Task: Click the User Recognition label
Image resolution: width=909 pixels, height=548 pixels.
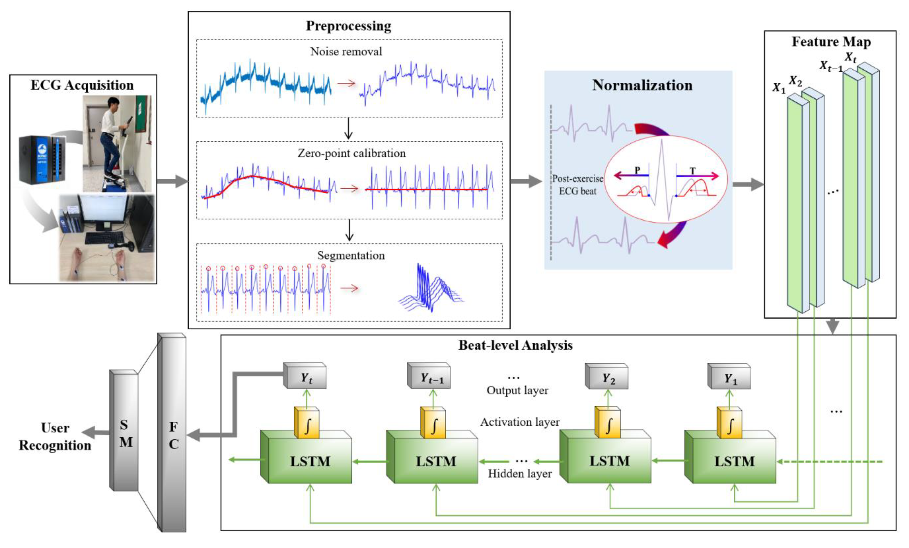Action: coord(55,437)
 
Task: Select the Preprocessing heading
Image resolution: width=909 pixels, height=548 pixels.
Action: coord(349,26)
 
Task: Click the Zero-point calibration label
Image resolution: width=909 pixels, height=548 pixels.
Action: coord(352,153)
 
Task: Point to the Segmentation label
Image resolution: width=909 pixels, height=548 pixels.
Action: coord(351,255)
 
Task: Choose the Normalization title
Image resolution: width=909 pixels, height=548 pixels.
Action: coord(642,85)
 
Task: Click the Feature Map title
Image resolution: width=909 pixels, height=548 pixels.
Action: coord(831,42)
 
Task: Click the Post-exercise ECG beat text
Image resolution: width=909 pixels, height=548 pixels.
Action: coord(578,185)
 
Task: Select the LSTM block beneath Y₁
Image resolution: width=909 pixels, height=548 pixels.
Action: coord(734,461)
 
